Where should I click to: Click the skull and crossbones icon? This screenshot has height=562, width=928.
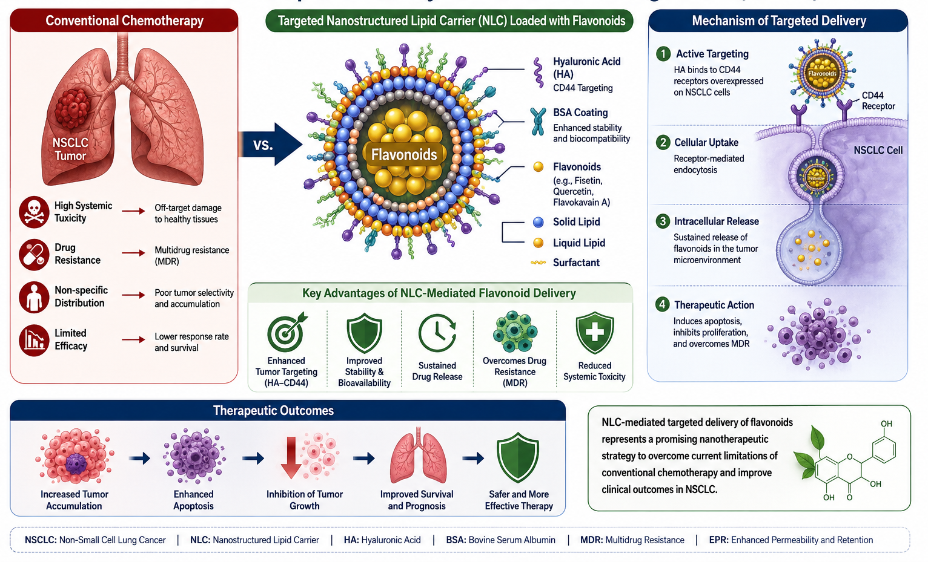(34, 212)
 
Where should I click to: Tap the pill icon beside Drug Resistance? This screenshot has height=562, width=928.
(34, 255)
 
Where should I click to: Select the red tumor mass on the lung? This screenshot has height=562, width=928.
(73, 108)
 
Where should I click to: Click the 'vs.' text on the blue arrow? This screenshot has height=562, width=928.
(263, 145)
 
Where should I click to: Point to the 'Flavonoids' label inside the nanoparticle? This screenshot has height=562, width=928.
(404, 154)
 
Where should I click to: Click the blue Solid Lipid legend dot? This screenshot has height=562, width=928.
(538, 222)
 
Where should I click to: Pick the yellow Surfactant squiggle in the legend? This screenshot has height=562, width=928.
(538, 263)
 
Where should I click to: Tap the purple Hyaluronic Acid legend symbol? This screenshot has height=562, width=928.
(538, 73)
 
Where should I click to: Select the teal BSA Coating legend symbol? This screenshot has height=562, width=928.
(538, 121)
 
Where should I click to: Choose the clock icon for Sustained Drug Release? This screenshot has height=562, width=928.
(437, 333)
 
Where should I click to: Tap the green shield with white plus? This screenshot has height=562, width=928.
(594, 333)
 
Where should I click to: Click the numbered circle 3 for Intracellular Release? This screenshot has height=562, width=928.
(663, 221)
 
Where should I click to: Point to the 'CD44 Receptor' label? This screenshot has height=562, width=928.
(878, 100)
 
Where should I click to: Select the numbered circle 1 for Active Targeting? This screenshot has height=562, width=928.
(663, 54)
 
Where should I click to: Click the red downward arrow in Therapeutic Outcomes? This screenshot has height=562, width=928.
(291, 458)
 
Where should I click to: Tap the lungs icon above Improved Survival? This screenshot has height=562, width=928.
(419, 456)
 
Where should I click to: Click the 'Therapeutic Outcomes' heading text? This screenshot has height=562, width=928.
(273, 411)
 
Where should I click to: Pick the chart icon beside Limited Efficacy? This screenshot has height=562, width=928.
(34, 340)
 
